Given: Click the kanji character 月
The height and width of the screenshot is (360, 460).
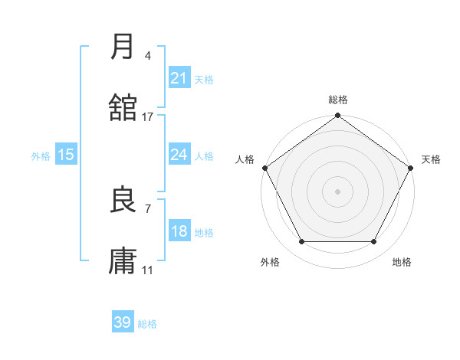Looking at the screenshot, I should click(123, 47).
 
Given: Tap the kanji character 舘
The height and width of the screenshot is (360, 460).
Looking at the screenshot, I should click(123, 107).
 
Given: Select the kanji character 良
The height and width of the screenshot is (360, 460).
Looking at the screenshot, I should click(123, 200).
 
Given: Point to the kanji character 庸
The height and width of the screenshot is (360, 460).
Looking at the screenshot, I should click(123, 261).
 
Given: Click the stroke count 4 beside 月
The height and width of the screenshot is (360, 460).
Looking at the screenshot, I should click(148, 56).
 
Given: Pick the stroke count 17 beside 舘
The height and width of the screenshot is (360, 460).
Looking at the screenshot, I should click(148, 117).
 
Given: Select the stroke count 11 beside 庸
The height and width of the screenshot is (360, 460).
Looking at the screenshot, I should click(148, 270).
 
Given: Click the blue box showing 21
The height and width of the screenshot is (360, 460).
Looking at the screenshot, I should click(179, 78).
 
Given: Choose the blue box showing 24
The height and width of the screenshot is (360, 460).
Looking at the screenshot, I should click(179, 155).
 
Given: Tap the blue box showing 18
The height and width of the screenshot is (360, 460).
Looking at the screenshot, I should click(179, 231).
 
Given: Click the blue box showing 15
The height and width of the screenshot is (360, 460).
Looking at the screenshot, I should click(66, 155).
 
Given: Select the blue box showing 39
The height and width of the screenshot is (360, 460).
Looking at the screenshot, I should click(123, 322).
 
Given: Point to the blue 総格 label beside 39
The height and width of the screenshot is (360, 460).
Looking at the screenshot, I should click(147, 324).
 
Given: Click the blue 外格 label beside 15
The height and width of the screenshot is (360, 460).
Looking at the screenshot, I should click(41, 156).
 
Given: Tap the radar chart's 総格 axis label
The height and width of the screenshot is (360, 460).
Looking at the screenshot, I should click(338, 100).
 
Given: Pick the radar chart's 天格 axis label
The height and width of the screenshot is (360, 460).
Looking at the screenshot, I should click(431, 159).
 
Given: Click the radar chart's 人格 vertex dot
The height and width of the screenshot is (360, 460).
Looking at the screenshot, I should click(264, 168).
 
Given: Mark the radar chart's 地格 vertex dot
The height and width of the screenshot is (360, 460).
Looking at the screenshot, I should click(374, 242).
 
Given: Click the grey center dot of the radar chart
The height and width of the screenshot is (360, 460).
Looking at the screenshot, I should click(337, 191).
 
